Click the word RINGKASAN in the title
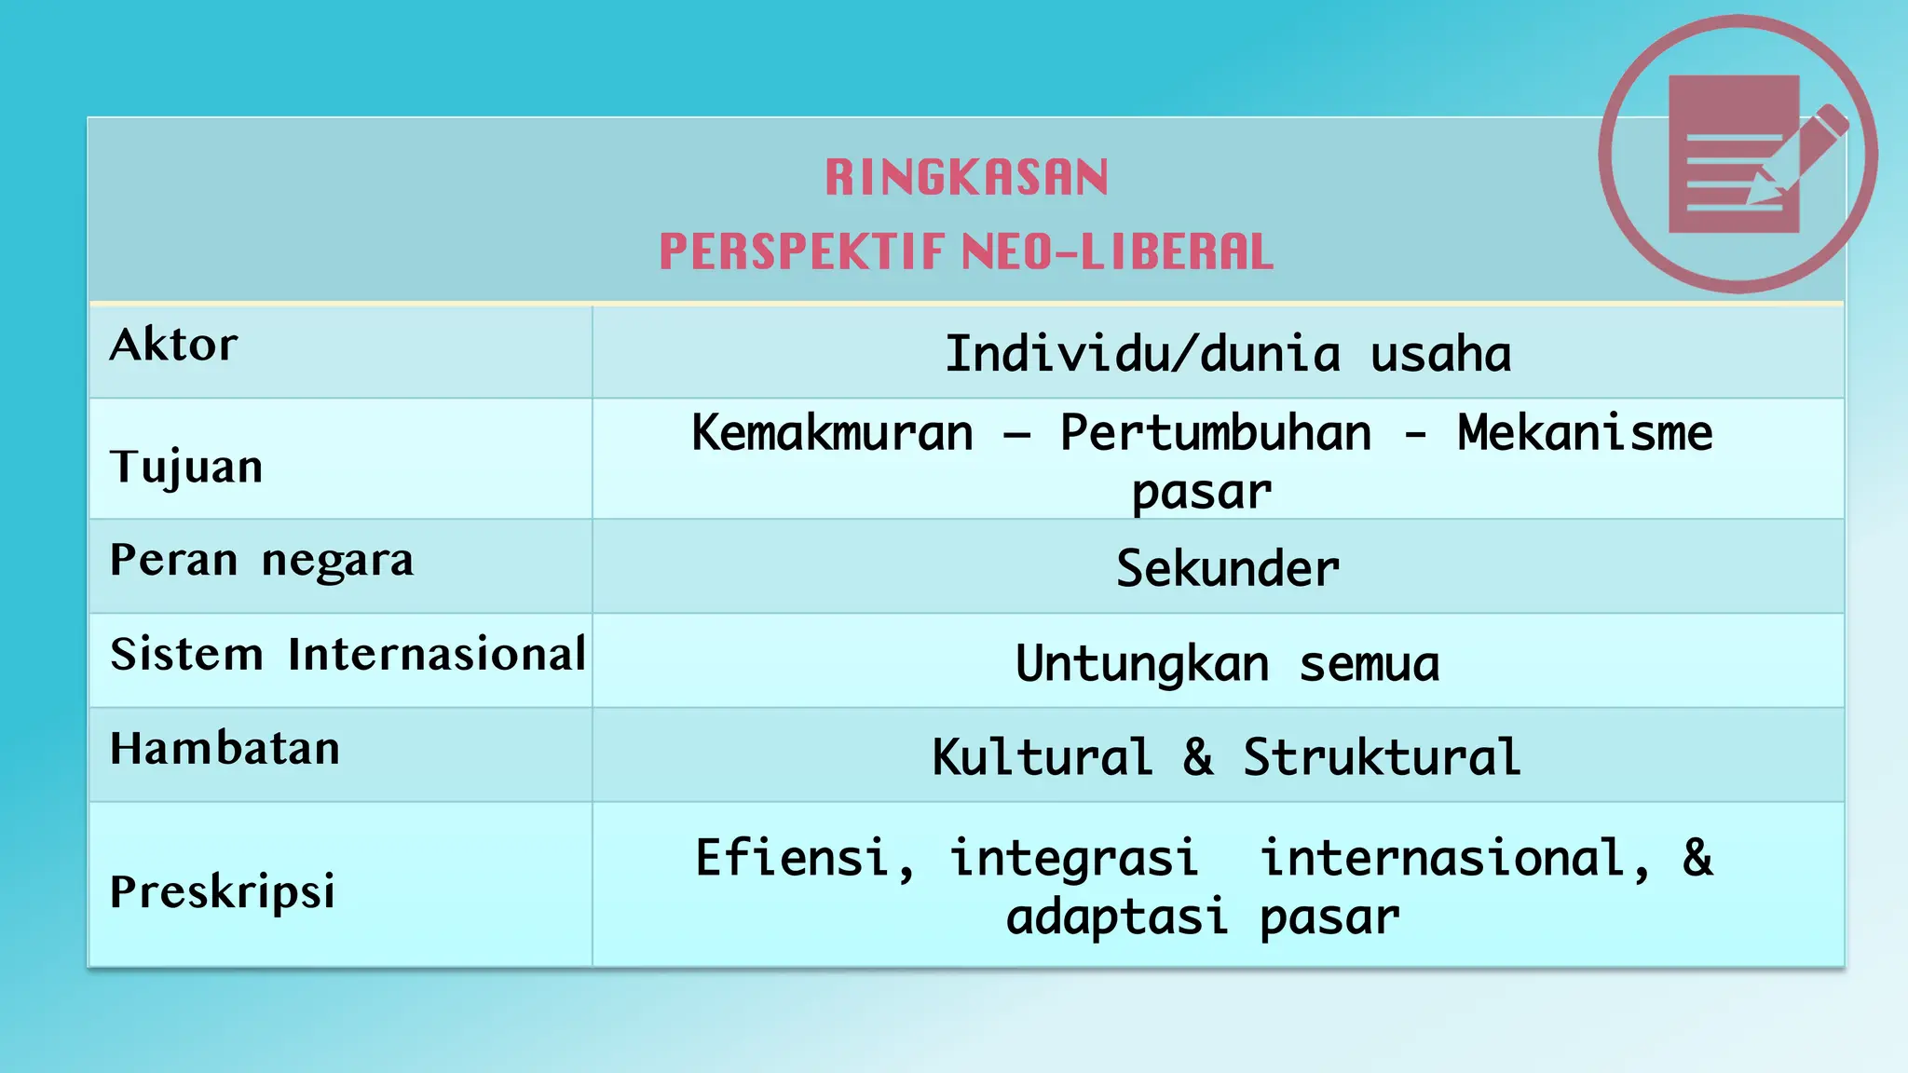[967, 177]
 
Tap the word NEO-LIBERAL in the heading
[1117, 252]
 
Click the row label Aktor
[174, 346]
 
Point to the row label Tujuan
[186, 467]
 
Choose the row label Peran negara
[262, 561]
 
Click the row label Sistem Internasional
[348, 654]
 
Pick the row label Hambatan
[225, 749]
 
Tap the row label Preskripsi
[223, 891]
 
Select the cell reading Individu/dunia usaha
[1228, 355]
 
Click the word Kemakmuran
[832, 433]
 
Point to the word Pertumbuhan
[1216, 433]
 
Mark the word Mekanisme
[1585, 433]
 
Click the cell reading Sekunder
[1228, 569]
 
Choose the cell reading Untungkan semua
[1228, 664]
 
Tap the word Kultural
[1042, 757]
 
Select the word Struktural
[1382, 757]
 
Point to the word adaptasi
[1116, 917]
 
